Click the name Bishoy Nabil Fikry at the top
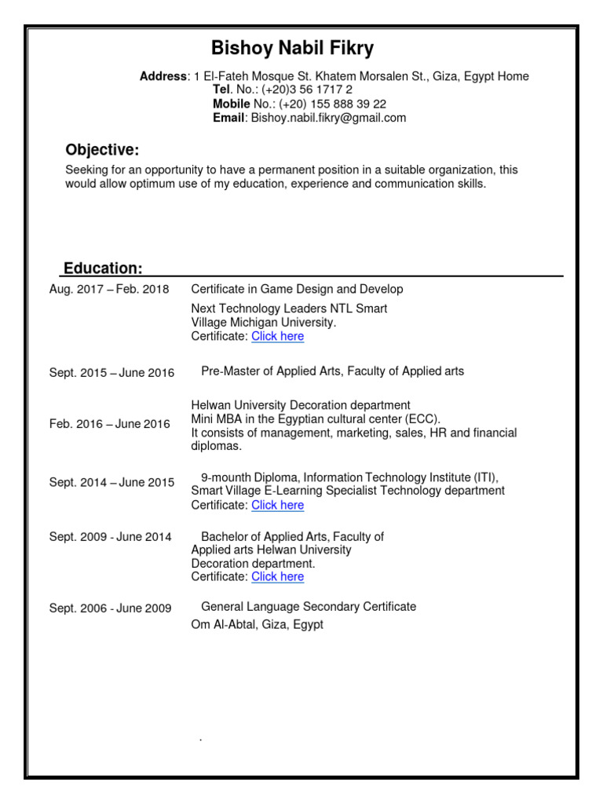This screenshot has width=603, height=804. pyautogui.click(x=293, y=49)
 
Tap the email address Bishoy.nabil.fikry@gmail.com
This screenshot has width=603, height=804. pyautogui.click(x=328, y=118)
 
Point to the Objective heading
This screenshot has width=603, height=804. pyautogui.click(x=102, y=150)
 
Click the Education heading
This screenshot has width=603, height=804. pyautogui.click(x=103, y=269)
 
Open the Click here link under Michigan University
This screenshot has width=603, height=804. pyautogui.click(x=277, y=336)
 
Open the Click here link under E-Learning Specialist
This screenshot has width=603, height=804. pyautogui.click(x=277, y=505)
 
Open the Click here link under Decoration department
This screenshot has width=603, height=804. pyautogui.click(x=277, y=576)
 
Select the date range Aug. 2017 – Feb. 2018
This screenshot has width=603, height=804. pyautogui.click(x=109, y=289)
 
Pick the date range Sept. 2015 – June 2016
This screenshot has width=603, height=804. pyautogui.click(x=111, y=373)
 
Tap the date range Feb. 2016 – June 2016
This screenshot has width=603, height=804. pyautogui.click(x=109, y=424)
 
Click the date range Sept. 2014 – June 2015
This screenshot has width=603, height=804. pyautogui.click(x=111, y=482)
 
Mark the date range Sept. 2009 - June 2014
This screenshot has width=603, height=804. pyautogui.click(x=110, y=537)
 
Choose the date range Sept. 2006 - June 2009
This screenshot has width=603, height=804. pyautogui.click(x=110, y=608)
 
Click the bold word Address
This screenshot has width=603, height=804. pyautogui.click(x=163, y=76)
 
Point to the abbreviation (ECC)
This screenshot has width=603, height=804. pyautogui.click(x=423, y=418)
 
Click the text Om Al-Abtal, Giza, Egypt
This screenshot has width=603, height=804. pyautogui.click(x=257, y=624)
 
